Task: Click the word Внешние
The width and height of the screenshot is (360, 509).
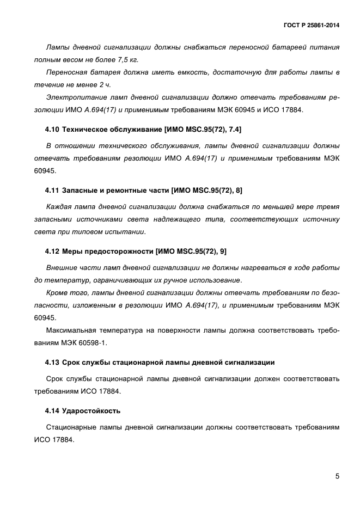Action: tap(62, 268)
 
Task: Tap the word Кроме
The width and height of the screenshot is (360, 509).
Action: tap(58, 292)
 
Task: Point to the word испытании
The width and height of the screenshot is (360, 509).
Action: tap(127, 231)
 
